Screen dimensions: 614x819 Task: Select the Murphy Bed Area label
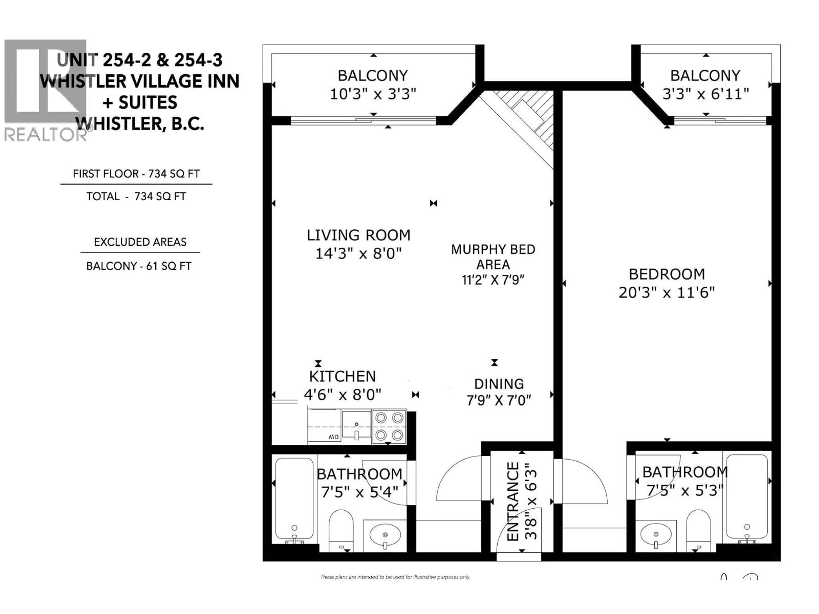[493, 257]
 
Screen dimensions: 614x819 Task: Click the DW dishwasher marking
[333, 437]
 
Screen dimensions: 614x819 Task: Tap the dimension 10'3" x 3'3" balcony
[373, 94]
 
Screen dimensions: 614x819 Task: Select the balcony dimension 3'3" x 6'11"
[705, 94]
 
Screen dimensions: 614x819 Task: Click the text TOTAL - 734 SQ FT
[136, 197]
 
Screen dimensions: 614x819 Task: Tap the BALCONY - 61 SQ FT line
[138, 266]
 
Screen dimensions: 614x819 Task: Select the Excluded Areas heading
[140, 242]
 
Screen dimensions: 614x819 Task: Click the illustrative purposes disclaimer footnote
[395, 577]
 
